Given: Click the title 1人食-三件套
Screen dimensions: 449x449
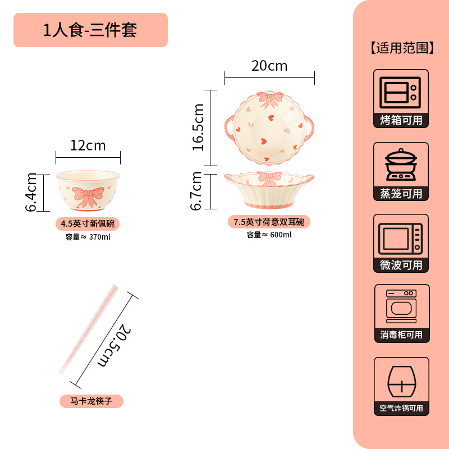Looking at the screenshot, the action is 90,29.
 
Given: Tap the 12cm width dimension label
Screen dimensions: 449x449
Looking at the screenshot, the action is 88,146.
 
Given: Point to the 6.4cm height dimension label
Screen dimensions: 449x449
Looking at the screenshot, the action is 32,191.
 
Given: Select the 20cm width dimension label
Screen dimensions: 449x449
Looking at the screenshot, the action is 269,66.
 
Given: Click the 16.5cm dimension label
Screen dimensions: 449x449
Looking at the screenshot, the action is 198,127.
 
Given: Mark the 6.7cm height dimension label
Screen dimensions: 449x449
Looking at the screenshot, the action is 196,191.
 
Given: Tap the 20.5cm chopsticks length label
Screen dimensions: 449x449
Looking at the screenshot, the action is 114,343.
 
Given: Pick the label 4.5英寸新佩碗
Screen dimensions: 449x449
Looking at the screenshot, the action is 88,224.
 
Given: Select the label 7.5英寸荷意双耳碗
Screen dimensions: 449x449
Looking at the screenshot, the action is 269,222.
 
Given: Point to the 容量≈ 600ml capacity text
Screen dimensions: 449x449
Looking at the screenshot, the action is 269,235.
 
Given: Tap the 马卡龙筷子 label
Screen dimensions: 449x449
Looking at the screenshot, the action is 91,401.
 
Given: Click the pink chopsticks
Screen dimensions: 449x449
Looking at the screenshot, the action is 89,328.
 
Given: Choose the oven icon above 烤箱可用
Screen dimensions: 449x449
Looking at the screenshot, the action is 401,91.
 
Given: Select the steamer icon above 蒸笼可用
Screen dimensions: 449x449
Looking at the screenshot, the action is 401,164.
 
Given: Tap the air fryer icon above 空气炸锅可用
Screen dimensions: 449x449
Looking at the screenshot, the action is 401,381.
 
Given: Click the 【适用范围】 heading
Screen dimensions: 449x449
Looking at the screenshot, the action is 402,48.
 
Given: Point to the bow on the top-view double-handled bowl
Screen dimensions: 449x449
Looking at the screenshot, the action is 269,100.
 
